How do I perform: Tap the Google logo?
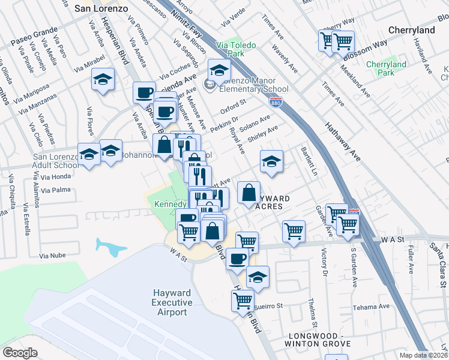pos(20,352)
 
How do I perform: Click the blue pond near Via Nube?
pos(110,247)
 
